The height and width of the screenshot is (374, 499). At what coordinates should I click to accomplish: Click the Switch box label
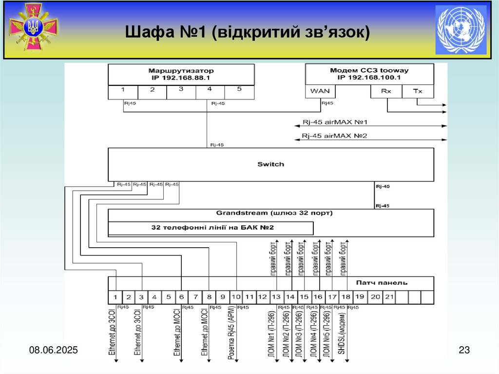[270, 164]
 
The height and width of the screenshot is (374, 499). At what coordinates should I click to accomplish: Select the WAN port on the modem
[320, 91]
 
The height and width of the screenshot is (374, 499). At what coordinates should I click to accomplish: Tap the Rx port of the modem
[387, 91]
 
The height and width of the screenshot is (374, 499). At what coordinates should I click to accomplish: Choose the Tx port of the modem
[418, 91]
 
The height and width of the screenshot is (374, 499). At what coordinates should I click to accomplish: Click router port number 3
[181, 89]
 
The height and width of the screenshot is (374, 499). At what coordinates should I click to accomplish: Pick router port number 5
[239, 89]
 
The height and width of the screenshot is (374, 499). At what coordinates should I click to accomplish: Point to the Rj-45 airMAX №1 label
[334, 122]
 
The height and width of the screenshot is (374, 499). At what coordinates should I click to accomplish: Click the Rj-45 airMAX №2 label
[334, 136]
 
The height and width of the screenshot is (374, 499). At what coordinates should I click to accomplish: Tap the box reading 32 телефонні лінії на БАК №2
[210, 228]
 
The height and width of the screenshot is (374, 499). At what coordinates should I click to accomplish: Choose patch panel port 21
[389, 296]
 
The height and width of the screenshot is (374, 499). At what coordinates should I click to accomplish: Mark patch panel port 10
[236, 296]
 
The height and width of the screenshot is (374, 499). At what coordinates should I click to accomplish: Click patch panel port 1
[115, 296]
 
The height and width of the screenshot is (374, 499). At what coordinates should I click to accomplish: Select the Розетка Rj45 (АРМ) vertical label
[231, 334]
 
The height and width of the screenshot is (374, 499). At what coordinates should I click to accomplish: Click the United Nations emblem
[461, 30]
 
